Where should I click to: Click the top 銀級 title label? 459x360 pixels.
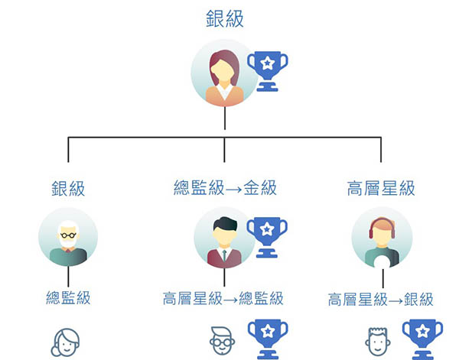pos(224,19)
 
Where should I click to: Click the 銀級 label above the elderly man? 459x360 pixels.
pos(68,188)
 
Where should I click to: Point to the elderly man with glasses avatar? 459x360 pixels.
pos(69,238)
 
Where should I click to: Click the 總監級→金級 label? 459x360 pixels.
pos(225,188)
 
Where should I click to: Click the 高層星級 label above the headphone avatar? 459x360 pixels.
pos(381,188)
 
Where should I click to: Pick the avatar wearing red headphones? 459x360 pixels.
pos(381,238)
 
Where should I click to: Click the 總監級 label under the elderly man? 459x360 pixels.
pos(68,298)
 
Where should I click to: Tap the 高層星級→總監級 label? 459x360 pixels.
pos(223,298)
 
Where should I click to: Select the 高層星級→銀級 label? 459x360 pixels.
pos(380,299)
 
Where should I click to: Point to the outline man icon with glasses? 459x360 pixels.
pos(222,342)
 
